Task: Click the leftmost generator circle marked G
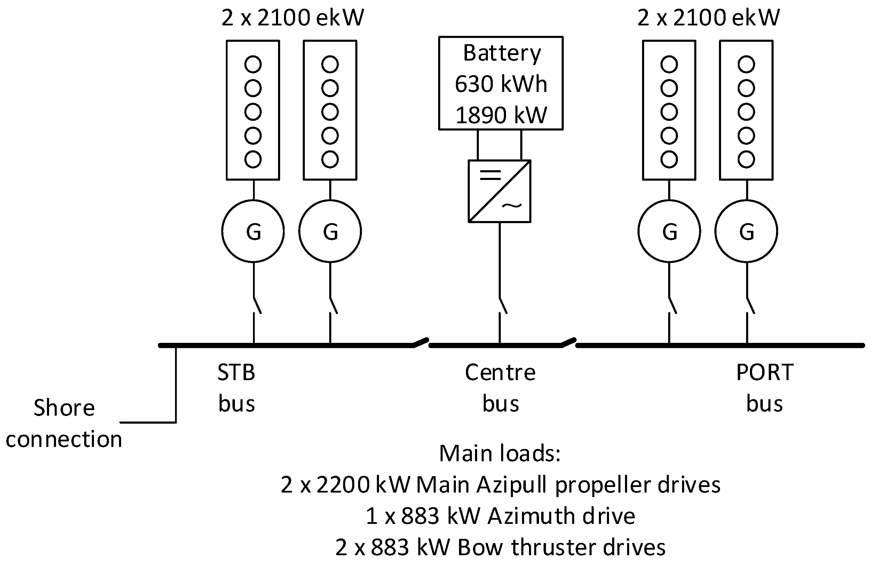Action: pyautogui.click(x=253, y=231)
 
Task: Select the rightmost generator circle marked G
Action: pyautogui.click(x=746, y=231)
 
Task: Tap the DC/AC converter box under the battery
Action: pyautogui.click(x=499, y=191)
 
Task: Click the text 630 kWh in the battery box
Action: pyautogui.click(x=501, y=84)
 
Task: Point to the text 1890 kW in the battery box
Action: pyautogui.click(x=501, y=115)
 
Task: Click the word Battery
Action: pyautogui.click(x=502, y=53)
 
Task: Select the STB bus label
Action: pyautogui.click(x=236, y=388)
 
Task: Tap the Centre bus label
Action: pyautogui.click(x=500, y=388)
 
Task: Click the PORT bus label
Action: pyautogui.click(x=765, y=388)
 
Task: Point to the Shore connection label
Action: pyautogui.click(x=64, y=423)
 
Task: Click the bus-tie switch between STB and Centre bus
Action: pyautogui.click(x=421, y=342)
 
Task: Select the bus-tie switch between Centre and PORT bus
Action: pyautogui.click(x=568, y=342)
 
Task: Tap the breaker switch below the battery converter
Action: pyautogui.click(x=503, y=305)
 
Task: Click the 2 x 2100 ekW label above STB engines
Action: pyautogui.click(x=292, y=18)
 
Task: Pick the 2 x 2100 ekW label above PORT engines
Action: pyautogui.click(x=708, y=18)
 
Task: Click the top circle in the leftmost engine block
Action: pyautogui.click(x=253, y=64)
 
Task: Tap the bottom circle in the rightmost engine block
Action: pyautogui.click(x=746, y=159)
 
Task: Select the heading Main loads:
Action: pyautogui.click(x=500, y=453)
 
